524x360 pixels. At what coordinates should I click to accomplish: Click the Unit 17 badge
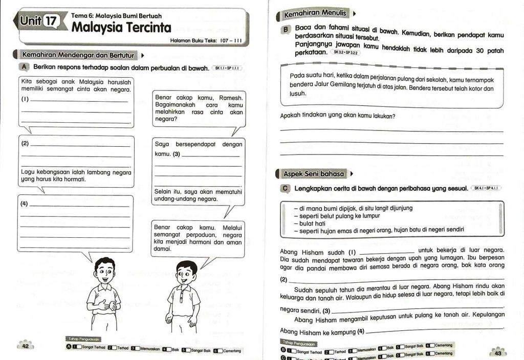(39, 21)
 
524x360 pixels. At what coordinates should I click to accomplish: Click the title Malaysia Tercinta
(121, 27)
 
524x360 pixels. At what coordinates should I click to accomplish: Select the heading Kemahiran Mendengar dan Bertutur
(78, 55)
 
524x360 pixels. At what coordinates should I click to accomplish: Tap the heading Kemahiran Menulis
(315, 13)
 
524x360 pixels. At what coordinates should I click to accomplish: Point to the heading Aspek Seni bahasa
(314, 174)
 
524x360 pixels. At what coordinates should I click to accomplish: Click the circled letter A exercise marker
(25, 67)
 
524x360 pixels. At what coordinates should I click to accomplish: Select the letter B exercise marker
(286, 30)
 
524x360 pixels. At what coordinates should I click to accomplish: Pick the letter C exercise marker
(286, 189)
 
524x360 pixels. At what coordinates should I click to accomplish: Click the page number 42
(25, 346)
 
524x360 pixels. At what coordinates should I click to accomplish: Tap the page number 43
(497, 352)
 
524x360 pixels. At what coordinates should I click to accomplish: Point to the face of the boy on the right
(186, 275)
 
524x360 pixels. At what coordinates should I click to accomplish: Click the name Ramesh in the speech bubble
(231, 98)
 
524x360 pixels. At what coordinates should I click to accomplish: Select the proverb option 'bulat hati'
(313, 223)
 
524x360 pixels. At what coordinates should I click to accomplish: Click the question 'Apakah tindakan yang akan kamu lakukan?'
(338, 116)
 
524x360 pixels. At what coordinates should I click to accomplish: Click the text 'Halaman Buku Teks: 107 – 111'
(206, 40)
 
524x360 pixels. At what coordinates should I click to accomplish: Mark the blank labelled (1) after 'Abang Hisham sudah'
(387, 253)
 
